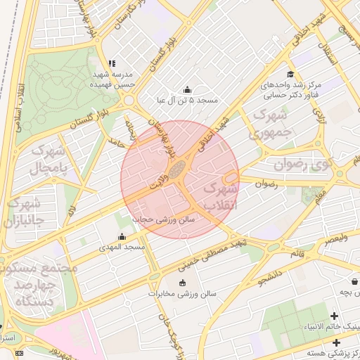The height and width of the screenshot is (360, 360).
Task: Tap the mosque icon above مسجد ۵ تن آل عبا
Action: pos(186,90)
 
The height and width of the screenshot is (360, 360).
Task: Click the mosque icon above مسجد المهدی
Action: pos(122,237)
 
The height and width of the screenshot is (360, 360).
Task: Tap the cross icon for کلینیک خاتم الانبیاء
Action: pos(334,316)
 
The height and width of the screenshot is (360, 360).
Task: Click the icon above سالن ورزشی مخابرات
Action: pos(183,283)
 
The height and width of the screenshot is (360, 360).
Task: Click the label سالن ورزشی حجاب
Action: pos(168,219)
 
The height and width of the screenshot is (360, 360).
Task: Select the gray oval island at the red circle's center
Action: pos(179,168)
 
